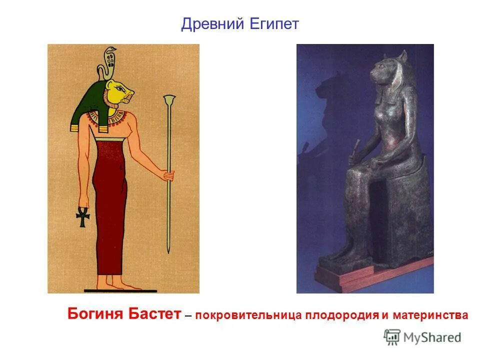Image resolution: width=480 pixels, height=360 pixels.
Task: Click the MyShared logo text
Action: pyautogui.click(x=431, y=337)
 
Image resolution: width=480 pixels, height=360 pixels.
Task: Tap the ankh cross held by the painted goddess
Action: pyautogui.click(x=81, y=217)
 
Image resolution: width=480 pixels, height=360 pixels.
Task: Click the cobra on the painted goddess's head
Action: pyautogui.click(x=109, y=58)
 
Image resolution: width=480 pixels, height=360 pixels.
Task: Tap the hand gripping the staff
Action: pyautogui.click(x=169, y=176)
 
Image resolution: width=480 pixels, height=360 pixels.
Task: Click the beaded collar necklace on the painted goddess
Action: pyautogui.click(x=106, y=118)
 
